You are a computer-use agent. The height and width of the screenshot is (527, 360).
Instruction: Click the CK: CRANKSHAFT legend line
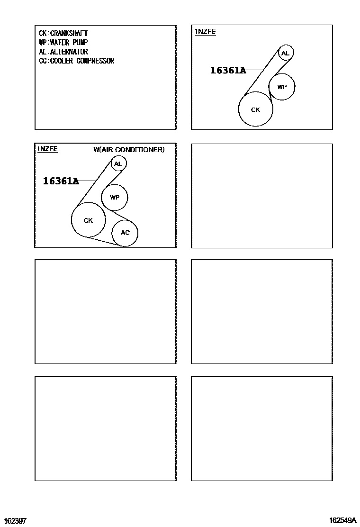[x=63, y=33]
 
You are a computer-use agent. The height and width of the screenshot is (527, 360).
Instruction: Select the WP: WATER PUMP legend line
[x=63, y=42]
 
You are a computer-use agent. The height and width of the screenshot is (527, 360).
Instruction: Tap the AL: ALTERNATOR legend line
[x=63, y=52]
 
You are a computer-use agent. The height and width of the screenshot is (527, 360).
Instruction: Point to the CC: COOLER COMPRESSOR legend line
[x=77, y=61]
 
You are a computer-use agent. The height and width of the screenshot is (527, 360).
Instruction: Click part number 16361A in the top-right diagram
[x=228, y=70]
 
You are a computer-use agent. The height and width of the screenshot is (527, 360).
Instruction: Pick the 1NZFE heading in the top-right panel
[x=205, y=32]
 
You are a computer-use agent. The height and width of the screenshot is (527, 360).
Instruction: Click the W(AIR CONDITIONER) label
[x=129, y=150]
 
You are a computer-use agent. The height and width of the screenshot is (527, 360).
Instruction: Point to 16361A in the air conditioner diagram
[x=61, y=181]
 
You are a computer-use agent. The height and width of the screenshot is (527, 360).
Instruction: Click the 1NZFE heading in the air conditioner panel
[x=47, y=149]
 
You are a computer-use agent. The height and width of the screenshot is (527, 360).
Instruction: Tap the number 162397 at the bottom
[x=15, y=521]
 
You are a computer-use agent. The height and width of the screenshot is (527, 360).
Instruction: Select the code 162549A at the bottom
[x=343, y=520]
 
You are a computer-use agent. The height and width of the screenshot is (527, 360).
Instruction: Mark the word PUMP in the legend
[x=80, y=42]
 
